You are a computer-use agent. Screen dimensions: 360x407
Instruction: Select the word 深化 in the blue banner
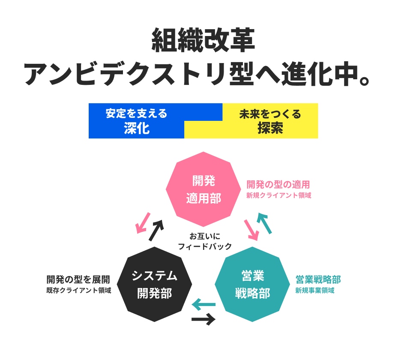pos(137,128)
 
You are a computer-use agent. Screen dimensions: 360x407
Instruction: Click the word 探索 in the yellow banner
pos(270,128)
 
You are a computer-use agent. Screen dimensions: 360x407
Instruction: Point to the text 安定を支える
pos(137,114)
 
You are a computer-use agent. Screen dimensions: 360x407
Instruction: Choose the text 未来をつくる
pos(270,114)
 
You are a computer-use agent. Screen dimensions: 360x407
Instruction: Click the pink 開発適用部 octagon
pos(203,189)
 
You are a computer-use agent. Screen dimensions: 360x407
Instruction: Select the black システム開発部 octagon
pos(154,284)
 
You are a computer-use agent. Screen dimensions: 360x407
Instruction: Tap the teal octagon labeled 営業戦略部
pos(252,284)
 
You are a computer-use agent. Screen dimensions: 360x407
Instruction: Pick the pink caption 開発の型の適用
pos(278,185)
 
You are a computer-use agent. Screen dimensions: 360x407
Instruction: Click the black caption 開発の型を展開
pos(78,279)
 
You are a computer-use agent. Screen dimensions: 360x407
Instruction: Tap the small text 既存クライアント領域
pos(79,291)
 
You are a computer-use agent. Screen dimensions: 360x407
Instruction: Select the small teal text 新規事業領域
pos(314,291)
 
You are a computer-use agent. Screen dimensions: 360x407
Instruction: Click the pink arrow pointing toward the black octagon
pos(143,222)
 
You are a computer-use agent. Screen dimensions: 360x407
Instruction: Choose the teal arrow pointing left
pos(203,305)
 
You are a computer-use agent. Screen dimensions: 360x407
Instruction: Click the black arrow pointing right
pos(203,319)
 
